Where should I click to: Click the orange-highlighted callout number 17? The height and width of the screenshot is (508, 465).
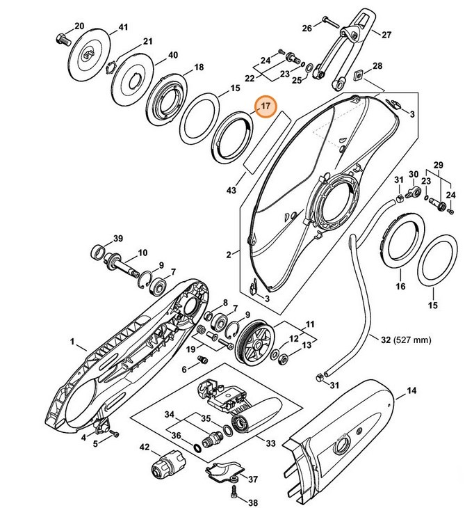[x=265, y=108]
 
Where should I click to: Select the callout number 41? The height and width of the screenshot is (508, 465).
[x=124, y=27]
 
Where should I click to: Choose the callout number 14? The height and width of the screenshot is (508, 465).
[x=411, y=391]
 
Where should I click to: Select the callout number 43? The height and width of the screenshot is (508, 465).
[x=231, y=189]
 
